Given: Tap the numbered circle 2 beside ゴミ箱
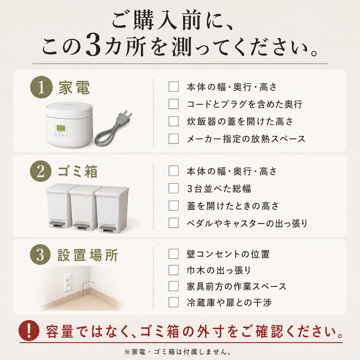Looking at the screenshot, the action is click(x=41, y=171).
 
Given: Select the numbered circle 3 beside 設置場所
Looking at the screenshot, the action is click(x=40, y=254).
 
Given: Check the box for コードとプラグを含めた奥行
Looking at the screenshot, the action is click(x=174, y=104).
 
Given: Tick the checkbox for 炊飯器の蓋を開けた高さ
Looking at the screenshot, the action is click(x=174, y=121).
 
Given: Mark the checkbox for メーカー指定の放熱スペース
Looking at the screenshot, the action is click(x=174, y=139).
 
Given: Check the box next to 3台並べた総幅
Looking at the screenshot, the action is click(x=174, y=188).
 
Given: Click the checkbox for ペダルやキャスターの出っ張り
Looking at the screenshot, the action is click(x=174, y=223).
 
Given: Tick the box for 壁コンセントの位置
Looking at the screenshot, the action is click(x=174, y=254).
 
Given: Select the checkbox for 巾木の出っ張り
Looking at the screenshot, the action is click(x=174, y=270).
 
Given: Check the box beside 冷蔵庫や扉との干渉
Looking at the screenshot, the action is click(x=174, y=302).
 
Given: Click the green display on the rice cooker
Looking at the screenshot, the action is click(x=61, y=128).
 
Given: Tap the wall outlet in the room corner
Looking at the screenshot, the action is click(x=68, y=283).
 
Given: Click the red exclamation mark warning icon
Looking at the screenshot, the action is click(x=29, y=331).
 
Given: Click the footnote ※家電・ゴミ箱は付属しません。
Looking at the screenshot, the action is click(x=178, y=352).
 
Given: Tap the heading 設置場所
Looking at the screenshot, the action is click(x=88, y=255).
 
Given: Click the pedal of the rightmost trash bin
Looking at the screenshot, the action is click(x=108, y=229).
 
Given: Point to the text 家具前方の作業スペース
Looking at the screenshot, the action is click(x=236, y=286).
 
